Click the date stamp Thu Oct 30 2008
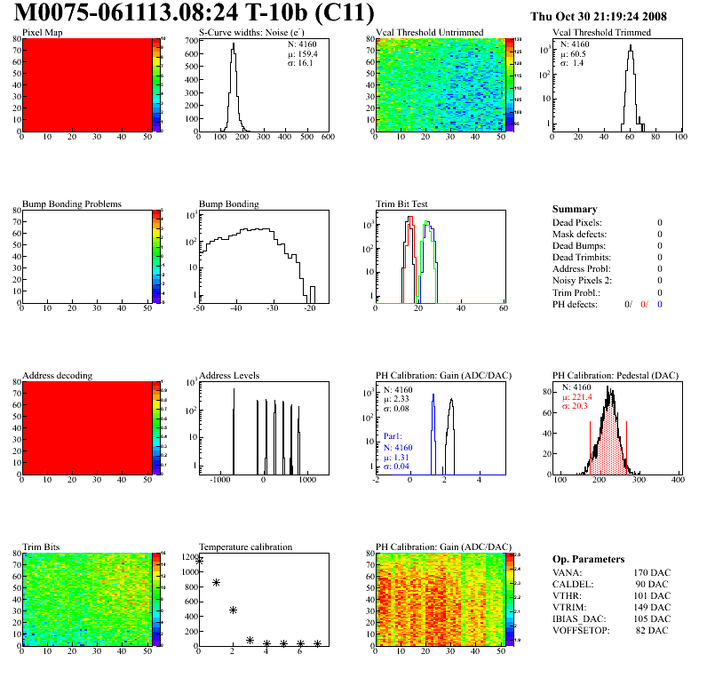pos(610,16)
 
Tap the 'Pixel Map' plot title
pos(42,33)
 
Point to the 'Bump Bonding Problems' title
pos(72,204)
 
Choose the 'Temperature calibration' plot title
pos(245,546)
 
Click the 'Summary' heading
pos(575,210)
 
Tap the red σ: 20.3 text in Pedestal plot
pos(576,407)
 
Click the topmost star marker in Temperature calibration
pos(199,561)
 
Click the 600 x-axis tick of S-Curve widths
pos(327,138)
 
